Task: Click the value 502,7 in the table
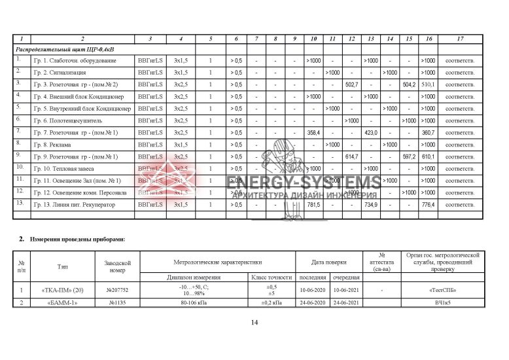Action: pos(352,84)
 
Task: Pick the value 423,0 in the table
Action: pos(371,132)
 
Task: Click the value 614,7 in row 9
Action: pos(352,156)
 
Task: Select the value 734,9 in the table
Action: pos(371,205)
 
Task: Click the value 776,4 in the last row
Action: pos(429,205)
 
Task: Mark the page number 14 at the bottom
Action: pos(254,323)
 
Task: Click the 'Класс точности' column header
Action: pos(270,278)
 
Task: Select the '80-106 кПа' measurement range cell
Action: pos(191,302)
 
